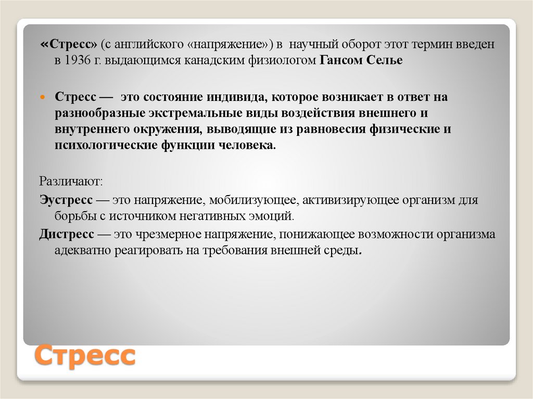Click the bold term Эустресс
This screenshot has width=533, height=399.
tap(66, 200)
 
